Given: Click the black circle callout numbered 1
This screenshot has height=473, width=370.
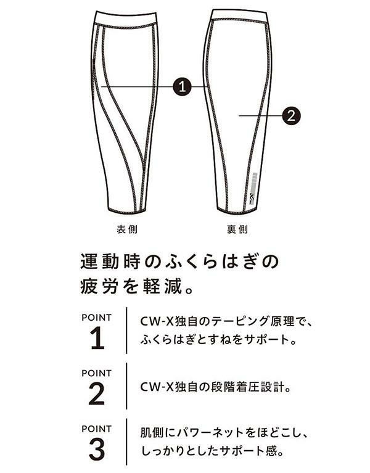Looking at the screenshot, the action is [183, 87].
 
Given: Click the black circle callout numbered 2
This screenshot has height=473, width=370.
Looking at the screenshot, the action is [291, 115].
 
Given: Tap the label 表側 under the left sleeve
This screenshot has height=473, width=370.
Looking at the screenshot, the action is [127, 229].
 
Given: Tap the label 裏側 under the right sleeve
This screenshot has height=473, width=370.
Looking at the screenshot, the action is [237, 229].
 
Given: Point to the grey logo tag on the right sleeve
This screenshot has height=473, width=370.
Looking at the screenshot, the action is [253, 189].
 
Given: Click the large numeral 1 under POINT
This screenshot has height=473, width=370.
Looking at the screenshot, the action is [97, 339].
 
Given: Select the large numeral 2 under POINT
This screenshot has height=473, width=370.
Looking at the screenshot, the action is [97, 394].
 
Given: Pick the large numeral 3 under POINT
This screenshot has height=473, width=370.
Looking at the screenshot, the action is [97, 450].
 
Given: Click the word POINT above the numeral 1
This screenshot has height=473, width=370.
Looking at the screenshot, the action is [96, 318].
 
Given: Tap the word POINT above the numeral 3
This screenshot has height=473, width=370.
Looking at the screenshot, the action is [96, 429].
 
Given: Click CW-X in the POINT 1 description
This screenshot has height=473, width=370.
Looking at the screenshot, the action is [157, 321].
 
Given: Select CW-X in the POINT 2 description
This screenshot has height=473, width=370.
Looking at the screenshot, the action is [157, 387].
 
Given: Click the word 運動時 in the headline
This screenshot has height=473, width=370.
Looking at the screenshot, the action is [110, 262].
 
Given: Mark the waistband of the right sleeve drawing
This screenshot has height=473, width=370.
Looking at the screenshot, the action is [239, 15].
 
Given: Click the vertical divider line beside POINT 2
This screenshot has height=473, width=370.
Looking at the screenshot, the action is [126, 386].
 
